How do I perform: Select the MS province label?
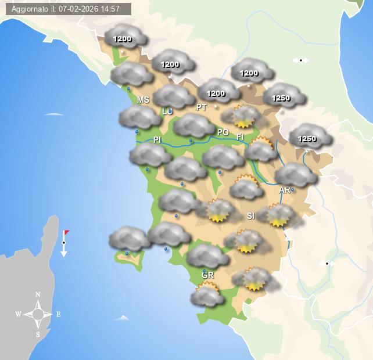143,100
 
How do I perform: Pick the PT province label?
202,107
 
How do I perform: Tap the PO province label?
223,132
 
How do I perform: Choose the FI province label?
240,136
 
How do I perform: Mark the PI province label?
157,140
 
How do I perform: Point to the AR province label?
285,190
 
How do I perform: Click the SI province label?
250,216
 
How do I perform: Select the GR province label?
207,275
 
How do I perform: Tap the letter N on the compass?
38,294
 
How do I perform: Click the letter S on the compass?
38,334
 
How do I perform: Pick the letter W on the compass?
19,315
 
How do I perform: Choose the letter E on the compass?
58,315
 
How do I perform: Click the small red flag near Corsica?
67,233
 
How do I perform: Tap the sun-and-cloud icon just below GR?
207,294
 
